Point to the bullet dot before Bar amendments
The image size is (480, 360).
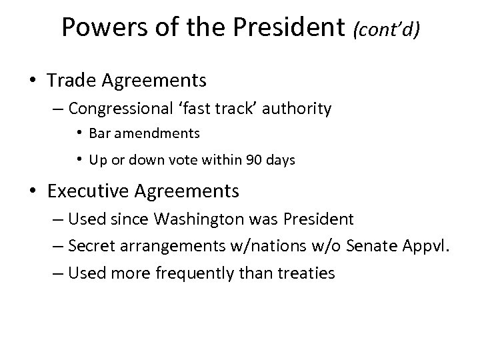[79, 133]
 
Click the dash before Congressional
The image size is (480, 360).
[59, 109]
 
